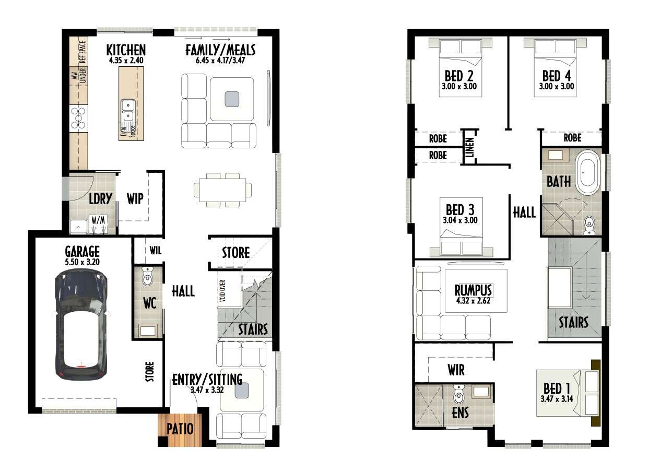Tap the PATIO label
(180, 429)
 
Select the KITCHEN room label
(126, 50)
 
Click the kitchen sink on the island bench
(128, 110)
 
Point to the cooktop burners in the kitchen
(78, 118)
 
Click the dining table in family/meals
(222, 190)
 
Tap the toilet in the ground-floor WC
(147, 276)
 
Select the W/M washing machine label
(98, 220)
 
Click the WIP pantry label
(135, 199)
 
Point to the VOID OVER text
(222, 291)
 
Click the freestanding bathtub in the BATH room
(588, 172)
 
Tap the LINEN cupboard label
(470, 147)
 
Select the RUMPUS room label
(473, 290)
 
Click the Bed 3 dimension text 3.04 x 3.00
(460, 220)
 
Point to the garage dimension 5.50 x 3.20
(82, 262)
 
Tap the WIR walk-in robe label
(456, 370)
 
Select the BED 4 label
(557, 76)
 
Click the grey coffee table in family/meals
(232, 99)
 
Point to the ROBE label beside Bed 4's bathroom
(573, 138)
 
